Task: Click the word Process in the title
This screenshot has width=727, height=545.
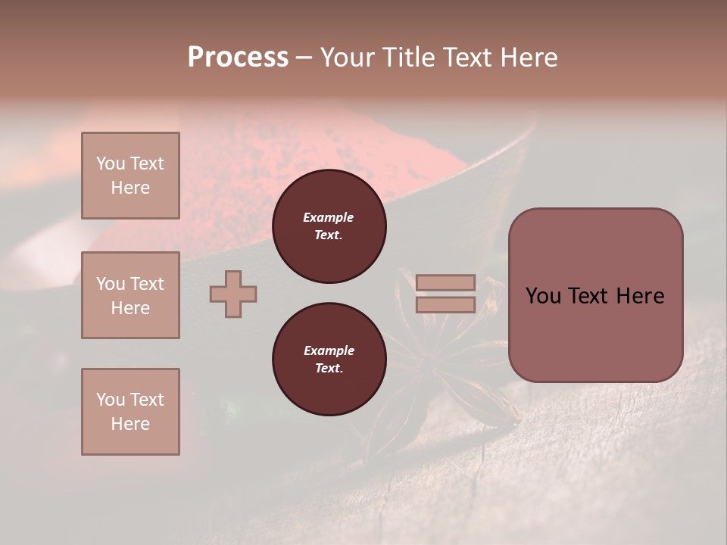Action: (238, 58)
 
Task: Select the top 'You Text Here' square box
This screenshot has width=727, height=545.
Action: (130, 176)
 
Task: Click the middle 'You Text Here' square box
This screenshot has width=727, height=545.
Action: (130, 295)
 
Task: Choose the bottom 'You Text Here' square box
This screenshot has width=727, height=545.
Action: (130, 412)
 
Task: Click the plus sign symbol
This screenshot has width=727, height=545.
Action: (233, 294)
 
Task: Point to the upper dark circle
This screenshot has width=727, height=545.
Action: (329, 226)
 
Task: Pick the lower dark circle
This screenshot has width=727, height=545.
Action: (329, 360)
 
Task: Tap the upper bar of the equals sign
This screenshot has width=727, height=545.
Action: (445, 283)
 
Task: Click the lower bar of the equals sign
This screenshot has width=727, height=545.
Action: (445, 304)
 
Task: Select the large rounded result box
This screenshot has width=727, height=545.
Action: (595, 295)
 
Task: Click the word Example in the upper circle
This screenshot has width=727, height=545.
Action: (329, 218)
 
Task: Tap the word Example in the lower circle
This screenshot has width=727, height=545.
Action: (329, 350)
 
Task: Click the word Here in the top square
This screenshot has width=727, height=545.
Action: (130, 188)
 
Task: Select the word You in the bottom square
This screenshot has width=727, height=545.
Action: (111, 400)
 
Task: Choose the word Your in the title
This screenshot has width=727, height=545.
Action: (348, 58)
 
